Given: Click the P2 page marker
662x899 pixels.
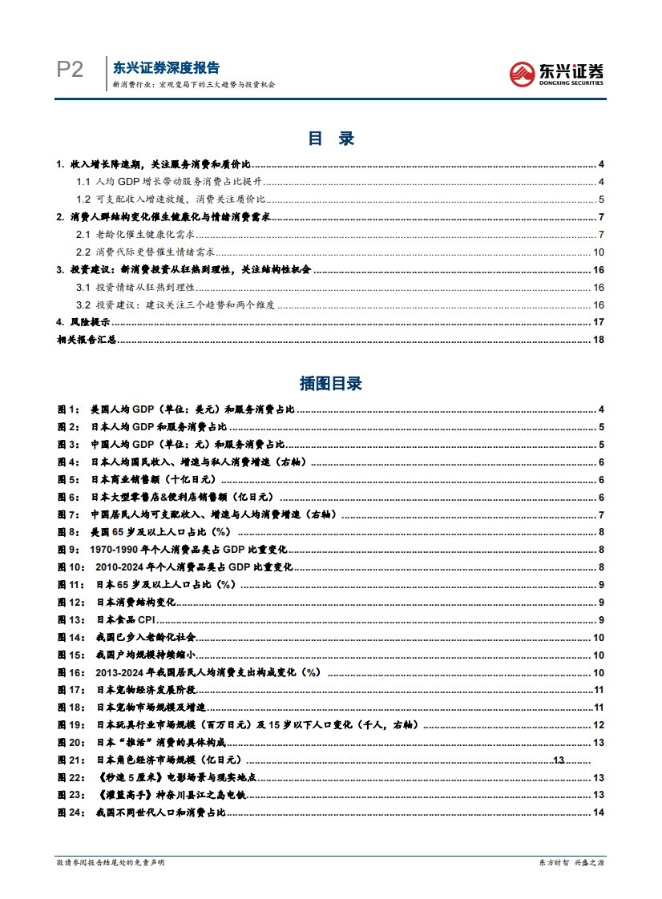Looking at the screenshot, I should tap(70, 71).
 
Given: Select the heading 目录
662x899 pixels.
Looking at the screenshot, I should tap(330, 139).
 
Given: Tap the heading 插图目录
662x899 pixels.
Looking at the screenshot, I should tap(330, 383).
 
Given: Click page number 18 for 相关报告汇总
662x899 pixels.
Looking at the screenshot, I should tap(598, 340).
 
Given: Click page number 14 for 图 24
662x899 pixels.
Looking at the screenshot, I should tap(598, 813).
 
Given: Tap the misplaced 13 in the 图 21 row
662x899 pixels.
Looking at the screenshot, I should tap(559, 760).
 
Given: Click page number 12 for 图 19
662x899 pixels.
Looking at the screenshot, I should tap(598, 725).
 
